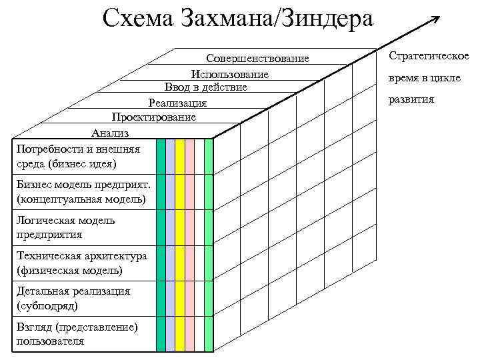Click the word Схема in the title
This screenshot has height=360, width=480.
(x=137, y=18)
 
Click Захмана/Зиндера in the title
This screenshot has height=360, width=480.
(x=277, y=18)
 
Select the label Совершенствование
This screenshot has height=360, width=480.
(x=257, y=59)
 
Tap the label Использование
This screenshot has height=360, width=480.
(x=229, y=73)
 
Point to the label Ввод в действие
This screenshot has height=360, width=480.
(x=206, y=87)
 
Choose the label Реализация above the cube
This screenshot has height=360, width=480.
(x=177, y=103)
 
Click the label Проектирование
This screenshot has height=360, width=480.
(x=154, y=117)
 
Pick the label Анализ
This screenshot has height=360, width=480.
(x=110, y=133)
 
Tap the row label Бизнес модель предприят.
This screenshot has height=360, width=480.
(x=83, y=192)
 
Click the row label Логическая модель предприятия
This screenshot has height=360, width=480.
(x=66, y=227)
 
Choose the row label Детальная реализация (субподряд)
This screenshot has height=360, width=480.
(x=73, y=298)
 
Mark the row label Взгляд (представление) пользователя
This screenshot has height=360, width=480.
(x=77, y=334)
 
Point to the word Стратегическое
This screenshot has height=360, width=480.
(x=428, y=56)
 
